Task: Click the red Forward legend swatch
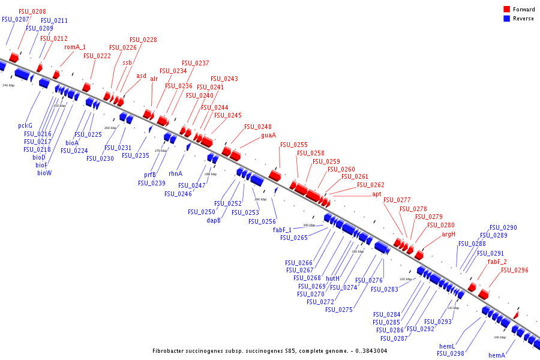coord(506,10)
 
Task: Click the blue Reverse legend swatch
coord(506,19)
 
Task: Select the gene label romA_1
coord(75,47)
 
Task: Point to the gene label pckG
coord(25,126)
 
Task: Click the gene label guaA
coord(268,135)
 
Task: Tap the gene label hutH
coord(333,278)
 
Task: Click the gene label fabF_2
coord(497,262)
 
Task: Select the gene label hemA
coord(497,355)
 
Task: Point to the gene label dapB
coord(214,220)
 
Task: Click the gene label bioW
coord(44,173)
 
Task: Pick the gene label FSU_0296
coord(515,270)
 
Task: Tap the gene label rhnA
coord(175,173)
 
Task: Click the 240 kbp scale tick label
coord(8,86)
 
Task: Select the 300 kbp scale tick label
coord(308,225)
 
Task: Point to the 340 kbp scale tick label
coord(500,337)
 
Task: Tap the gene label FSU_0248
coord(258,127)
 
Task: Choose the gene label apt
coord(377,194)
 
